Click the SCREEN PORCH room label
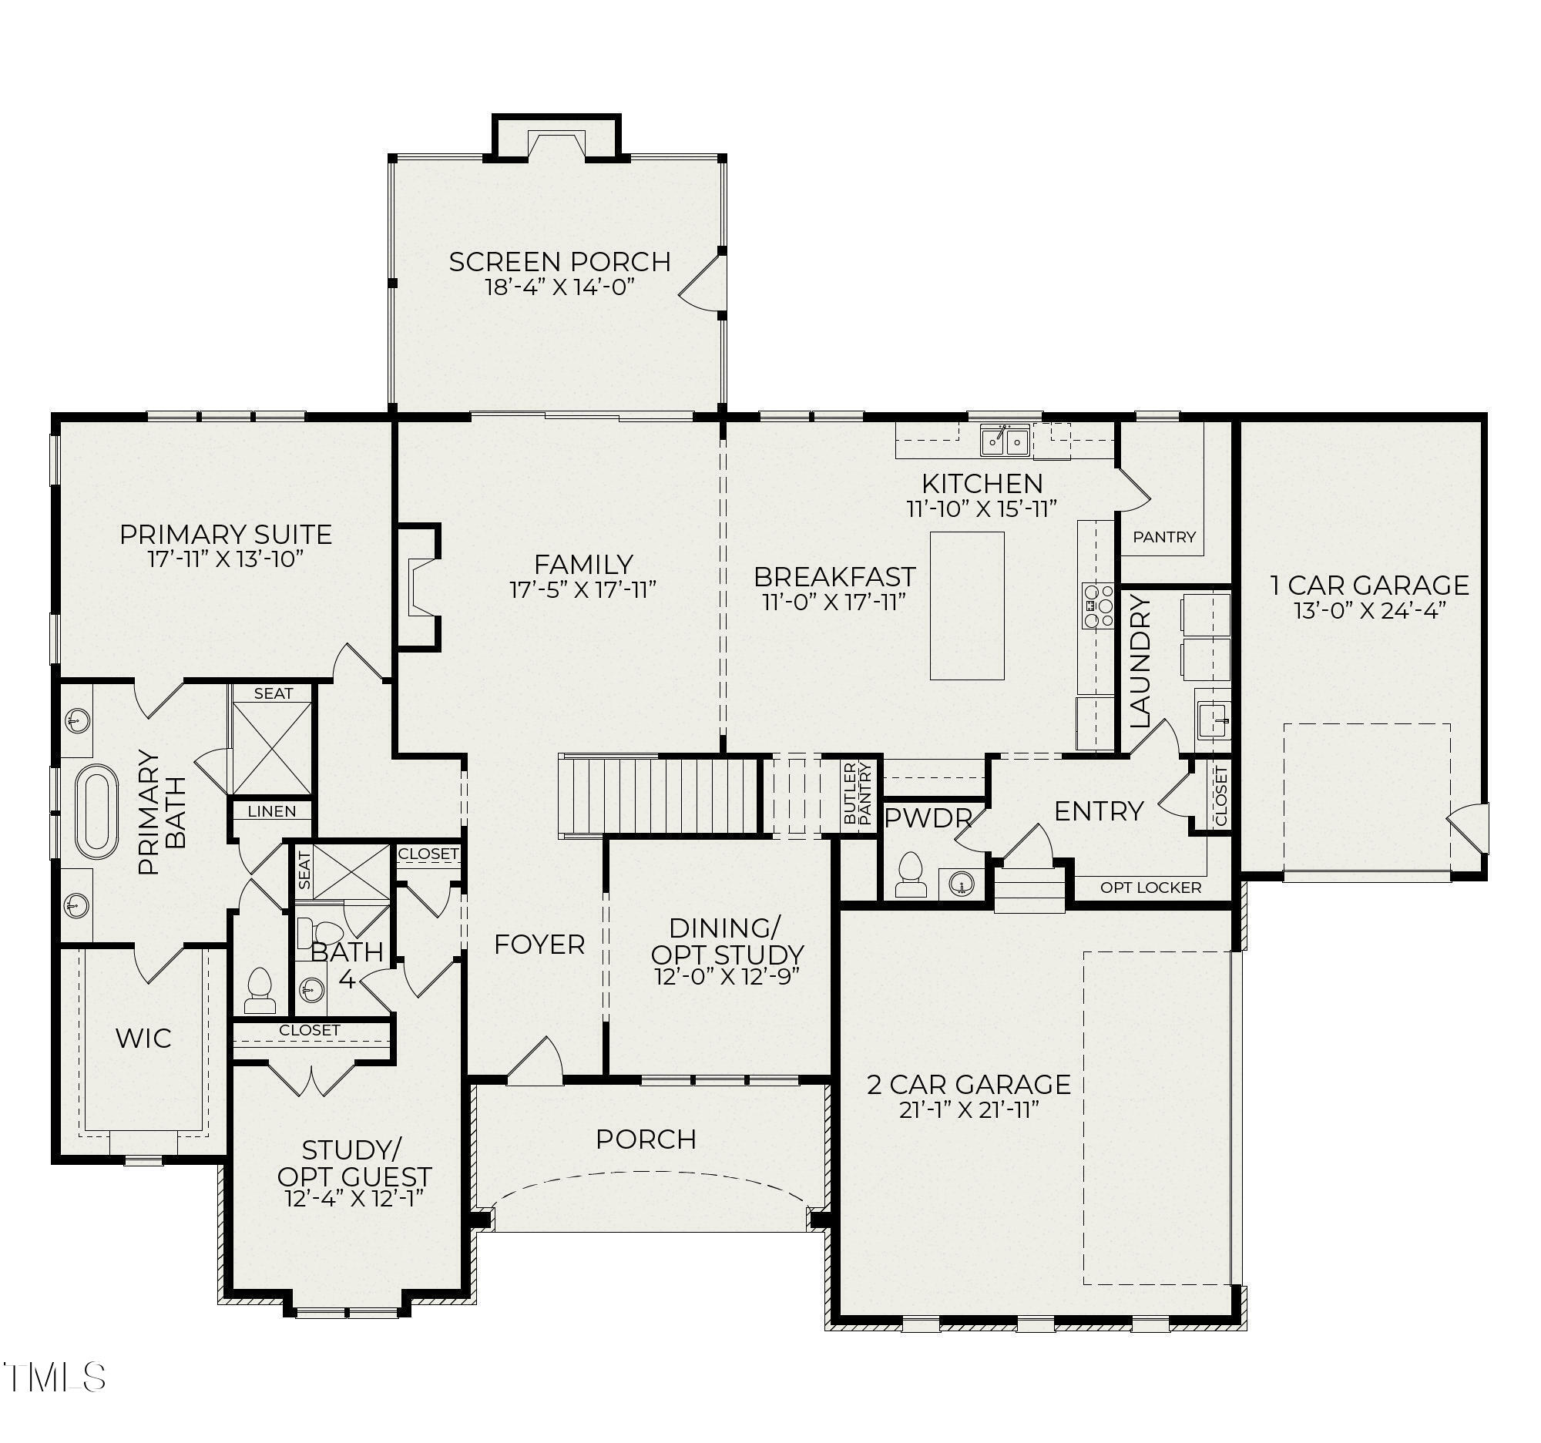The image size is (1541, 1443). tap(559, 262)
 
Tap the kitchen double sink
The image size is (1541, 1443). tap(1005, 441)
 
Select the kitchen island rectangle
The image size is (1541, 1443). tap(967, 606)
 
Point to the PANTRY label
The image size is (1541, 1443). tap(1164, 536)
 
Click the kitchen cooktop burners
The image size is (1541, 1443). tap(1098, 606)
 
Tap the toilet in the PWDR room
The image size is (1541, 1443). tap(911, 875)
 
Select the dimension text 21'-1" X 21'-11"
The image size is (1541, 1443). tap(969, 1109)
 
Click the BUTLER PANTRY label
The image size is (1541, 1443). tap(858, 793)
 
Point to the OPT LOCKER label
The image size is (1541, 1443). tap(1150, 888)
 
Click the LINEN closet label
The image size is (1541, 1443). tap(272, 811)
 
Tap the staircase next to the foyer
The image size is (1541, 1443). tap(659, 794)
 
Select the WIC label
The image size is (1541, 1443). tap(143, 1039)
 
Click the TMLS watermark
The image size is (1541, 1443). tap(54, 1377)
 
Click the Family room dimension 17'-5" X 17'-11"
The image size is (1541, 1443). tap(583, 589)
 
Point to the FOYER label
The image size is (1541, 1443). tap(539, 944)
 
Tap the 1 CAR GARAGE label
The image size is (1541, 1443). tap(1370, 585)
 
